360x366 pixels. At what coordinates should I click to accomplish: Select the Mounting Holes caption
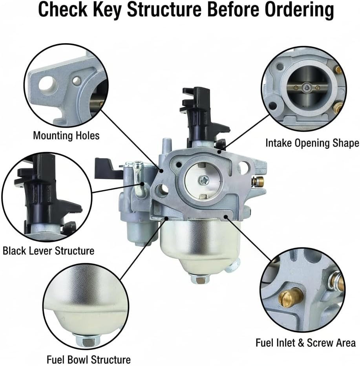(x=66, y=136)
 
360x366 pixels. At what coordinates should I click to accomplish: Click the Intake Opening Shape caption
(x=312, y=143)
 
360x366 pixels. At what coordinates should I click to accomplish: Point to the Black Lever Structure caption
(x=48, y=250)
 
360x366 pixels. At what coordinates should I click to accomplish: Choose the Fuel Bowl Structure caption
(x=89, y=359)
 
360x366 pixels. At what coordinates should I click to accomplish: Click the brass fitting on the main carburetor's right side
(x=258, y=181)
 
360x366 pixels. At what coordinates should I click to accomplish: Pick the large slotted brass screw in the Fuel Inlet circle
(x=291, y=297)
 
